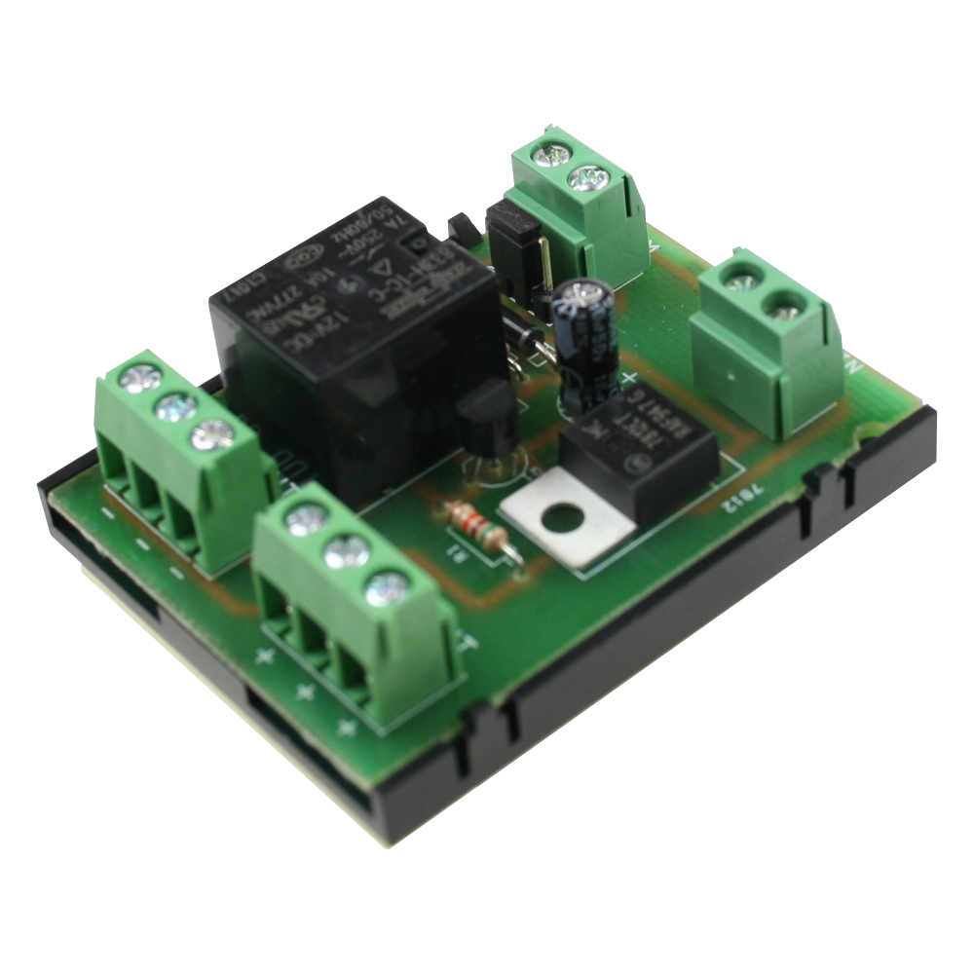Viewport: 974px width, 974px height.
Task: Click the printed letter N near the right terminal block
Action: tap(855, 368)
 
